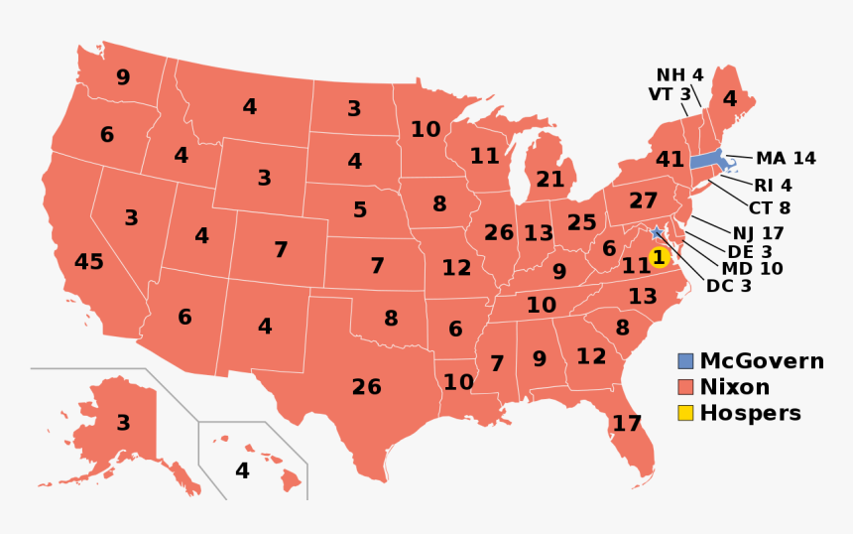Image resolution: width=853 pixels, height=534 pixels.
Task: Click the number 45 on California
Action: coord(88,262)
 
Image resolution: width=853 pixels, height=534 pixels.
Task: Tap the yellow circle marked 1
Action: coord(659,257)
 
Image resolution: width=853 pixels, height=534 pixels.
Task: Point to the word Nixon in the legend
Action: coord(734,387)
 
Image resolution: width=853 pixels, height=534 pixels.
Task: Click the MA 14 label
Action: coord(786,159)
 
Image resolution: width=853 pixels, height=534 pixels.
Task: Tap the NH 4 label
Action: coord(679,75)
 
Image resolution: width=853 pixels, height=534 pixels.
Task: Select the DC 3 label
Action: coord(728,286)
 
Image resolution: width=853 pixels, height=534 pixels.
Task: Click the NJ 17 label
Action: coord(759,233)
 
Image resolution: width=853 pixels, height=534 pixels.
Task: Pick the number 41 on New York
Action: coord(670,159)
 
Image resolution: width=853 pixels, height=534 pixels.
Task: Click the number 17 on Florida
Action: coord(626,424)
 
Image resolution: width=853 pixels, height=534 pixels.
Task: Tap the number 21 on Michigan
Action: coord(549,180)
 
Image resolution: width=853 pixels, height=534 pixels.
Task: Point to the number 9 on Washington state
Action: coord(123,77)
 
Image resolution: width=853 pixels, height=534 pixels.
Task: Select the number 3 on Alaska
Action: coord(123,424)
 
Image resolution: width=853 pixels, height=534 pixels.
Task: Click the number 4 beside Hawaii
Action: coord(242,470)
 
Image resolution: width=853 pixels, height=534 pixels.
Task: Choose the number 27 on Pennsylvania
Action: coord(643,200)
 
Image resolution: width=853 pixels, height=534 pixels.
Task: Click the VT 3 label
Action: coord(670,94)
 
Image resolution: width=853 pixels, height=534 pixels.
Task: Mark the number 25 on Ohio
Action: coord(581,222)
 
